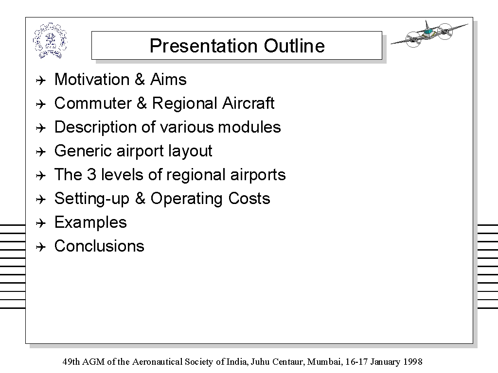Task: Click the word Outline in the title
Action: point(294,46)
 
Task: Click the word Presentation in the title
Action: point(203,46)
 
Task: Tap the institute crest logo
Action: point(50,41)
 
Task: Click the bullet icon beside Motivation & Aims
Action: point(41,80)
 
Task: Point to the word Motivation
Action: point(92,79)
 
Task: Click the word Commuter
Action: point(92,103)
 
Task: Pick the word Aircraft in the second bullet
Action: point(248,103)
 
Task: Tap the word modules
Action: point(249,127)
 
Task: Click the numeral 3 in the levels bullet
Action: point(91,175)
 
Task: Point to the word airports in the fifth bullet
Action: point(258,175)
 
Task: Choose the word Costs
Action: point(249,199)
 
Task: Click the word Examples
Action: point(90,222)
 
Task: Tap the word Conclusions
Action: point(99,246)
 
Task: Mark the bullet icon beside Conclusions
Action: point(41,247)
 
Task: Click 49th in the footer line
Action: point(71,361)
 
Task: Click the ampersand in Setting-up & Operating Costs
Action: point(140,199)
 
